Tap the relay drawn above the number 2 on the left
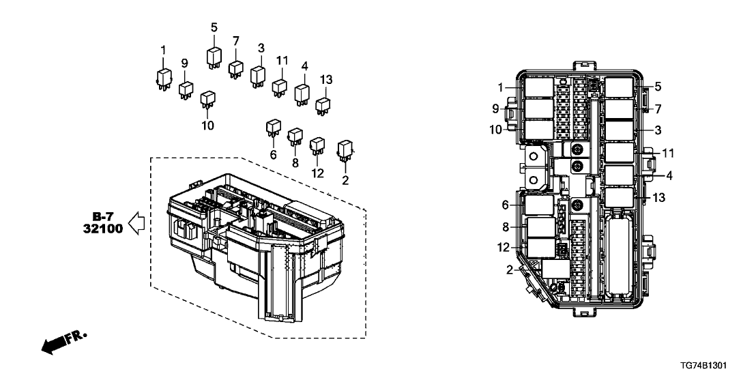(345, 148)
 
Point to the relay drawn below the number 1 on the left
(163, 77)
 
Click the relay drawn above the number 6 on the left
(273, 128)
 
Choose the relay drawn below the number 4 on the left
(302, 93)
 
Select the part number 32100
(102, 229)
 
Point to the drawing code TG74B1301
(717, 365)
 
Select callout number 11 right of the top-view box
(669, 152)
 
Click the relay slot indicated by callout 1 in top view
(540, 87)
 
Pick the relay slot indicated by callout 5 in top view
(618, 87)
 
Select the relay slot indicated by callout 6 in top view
(539, 204)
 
